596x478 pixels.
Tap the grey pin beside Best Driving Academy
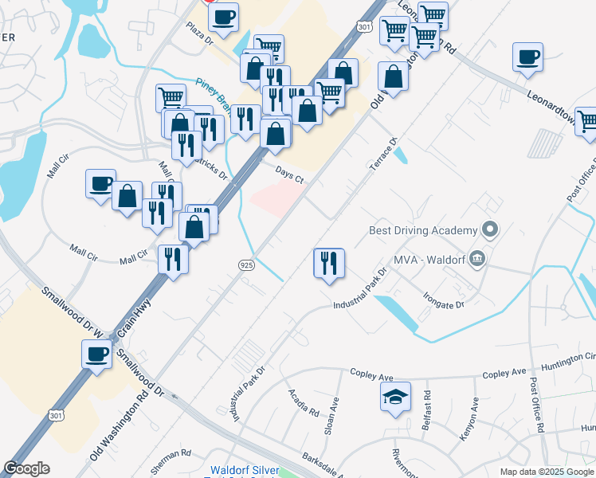point(490,231)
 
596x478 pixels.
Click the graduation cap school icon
point(395,398)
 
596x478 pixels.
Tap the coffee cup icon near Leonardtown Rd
point(527,57)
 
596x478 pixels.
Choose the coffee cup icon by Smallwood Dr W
point(97,355)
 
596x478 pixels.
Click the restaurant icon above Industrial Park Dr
point(328,263)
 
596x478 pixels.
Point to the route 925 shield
point(245,264)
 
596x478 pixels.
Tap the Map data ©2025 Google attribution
point(546,472)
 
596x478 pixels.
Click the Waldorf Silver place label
point(244,470)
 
